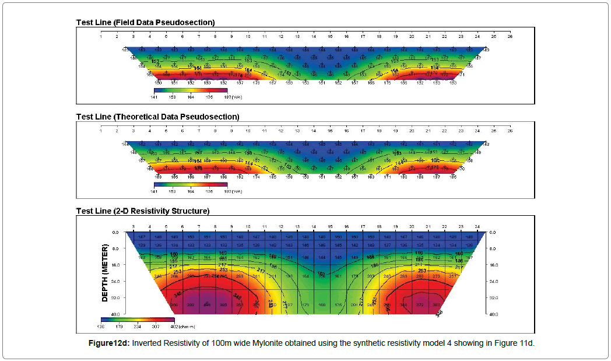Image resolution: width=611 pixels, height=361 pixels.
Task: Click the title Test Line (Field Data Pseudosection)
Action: point(145,22)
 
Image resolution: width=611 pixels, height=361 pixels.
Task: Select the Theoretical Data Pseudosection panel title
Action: point(157,117)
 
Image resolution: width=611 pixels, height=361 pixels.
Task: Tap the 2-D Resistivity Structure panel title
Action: point(143,211)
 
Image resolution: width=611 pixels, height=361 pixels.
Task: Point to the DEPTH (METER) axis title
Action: point(106,273)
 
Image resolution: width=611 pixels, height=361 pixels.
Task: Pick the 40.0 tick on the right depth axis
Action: point(493,314)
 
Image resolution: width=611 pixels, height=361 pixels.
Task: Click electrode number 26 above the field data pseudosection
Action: point(510,36)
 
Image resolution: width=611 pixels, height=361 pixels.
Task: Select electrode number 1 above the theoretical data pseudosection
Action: point(101,131)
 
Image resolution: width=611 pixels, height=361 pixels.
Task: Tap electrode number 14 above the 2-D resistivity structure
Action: point(314,226)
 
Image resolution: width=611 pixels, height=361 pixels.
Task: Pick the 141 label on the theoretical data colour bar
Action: point(154,191)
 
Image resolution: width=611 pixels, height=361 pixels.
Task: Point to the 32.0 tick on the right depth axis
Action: point(493,297)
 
